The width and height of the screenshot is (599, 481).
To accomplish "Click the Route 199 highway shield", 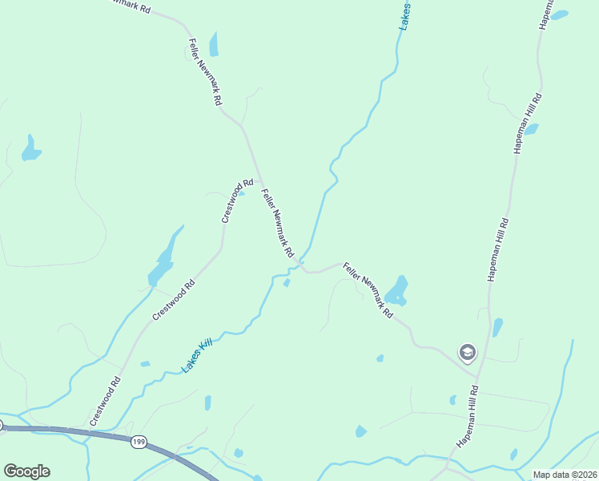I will [139, 443].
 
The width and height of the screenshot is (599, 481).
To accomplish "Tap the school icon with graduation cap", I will [467, 352].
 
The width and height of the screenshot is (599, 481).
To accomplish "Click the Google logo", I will [26, 471].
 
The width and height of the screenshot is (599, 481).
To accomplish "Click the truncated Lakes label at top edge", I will [407, 16].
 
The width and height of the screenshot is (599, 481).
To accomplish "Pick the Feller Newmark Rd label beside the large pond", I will [368, 290].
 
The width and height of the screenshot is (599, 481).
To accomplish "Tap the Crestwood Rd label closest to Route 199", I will [106, 401].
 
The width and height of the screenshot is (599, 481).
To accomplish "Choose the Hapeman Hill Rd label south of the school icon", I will [468, 416].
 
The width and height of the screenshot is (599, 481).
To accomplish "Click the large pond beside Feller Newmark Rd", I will [397, 289].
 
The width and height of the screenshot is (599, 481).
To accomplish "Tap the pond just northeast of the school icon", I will [497, 327].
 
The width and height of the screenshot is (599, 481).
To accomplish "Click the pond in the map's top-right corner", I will [559, 14].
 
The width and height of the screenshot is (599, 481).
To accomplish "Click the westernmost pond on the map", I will [30, 148].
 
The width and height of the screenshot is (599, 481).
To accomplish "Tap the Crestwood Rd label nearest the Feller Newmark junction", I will [237, 202].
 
